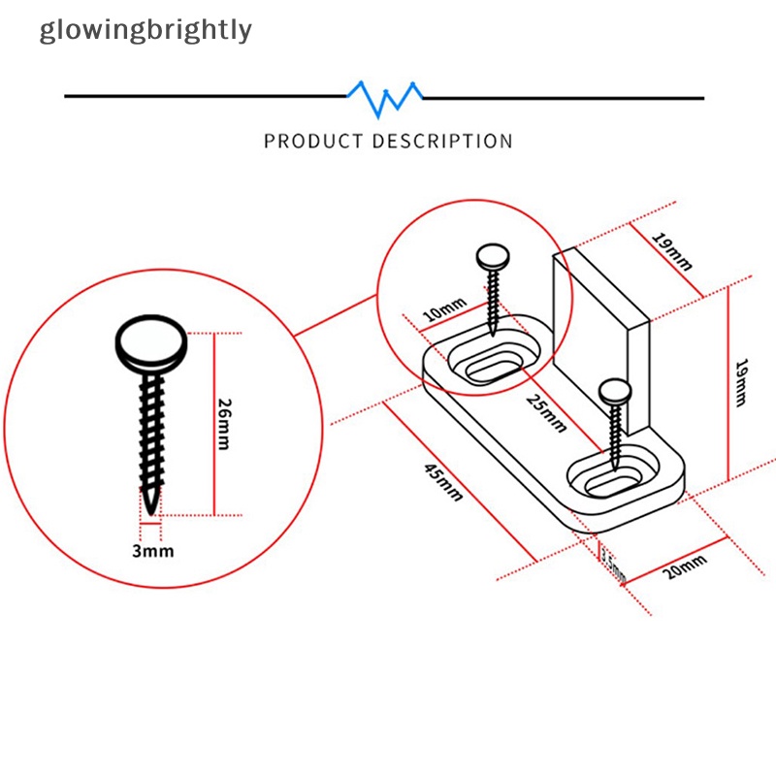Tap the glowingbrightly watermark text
(145, 30)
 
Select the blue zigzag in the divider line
(386, 96)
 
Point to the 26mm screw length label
(224, 423)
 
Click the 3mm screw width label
(152, 551)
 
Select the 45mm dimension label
(443, 481)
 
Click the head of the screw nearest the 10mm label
(493, 257)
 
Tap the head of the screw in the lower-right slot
(616, 391)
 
